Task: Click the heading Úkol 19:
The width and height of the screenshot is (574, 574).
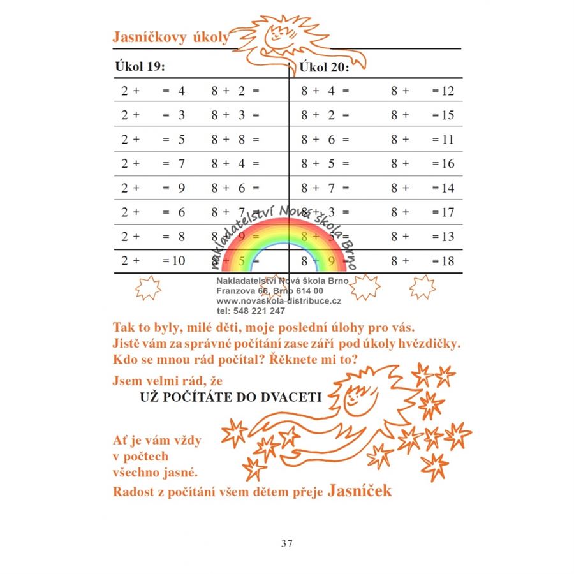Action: pos(140,66)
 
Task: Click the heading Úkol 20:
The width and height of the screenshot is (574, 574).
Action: pos(324,67)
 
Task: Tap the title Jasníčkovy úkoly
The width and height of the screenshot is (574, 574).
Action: pos(170,38)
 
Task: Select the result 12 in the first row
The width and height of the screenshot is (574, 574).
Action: pos(447,91)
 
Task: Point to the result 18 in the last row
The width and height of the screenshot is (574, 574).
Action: pos(447,261)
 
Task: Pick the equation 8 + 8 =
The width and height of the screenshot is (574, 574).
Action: pos(235,140)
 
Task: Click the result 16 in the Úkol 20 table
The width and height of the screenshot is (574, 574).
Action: pos(447,164)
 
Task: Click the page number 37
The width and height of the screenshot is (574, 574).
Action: pos(286,543)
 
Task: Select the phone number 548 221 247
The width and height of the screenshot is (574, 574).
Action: pos(251,311)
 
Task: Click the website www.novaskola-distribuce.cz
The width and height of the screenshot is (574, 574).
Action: pos(279,301)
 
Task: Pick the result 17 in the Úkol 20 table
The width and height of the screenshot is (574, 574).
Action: pos(447,212)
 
